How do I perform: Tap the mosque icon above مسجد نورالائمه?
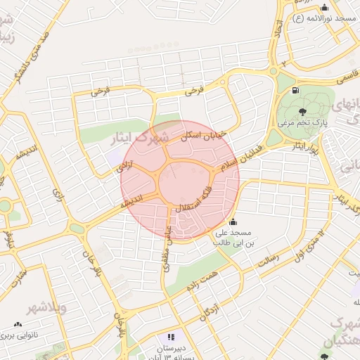point(324,7)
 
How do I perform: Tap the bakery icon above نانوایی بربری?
point(17,325)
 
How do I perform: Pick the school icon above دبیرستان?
point(172,337)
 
